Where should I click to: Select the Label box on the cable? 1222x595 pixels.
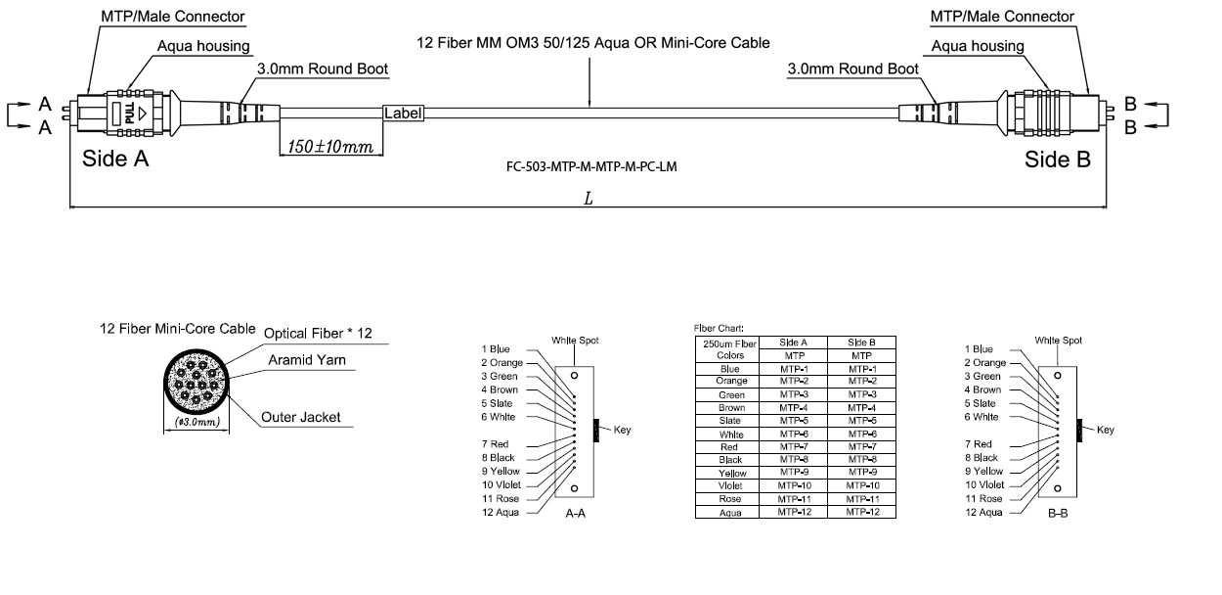click(403, 114)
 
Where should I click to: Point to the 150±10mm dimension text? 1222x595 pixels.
click(331, 147)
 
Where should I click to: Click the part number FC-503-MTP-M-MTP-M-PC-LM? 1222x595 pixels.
click(587, 166)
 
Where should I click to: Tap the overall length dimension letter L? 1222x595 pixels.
click(588, 198)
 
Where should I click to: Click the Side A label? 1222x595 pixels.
click(115, 160)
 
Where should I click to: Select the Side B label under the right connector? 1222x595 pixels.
click(1057, 160)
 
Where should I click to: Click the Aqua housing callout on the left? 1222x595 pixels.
click(203, 46)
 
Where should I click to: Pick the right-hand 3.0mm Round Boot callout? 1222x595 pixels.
click(852, 69)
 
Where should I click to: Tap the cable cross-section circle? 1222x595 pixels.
click(195, 383)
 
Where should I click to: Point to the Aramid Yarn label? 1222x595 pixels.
click(307, 360)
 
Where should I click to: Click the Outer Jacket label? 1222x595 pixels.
click(301, 417)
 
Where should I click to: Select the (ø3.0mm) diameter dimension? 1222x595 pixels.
click(196, 422)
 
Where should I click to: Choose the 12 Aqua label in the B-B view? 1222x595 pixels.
click(983, 512)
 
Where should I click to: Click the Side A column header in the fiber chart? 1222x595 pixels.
click(793, 343)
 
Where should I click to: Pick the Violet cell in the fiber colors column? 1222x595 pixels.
click(730, 485)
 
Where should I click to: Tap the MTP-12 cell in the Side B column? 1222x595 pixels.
click(861, 512)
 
